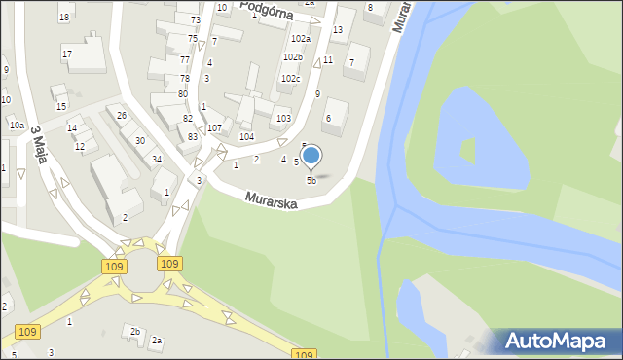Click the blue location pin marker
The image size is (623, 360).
(x=311, y=156)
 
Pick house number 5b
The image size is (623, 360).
(x=311, y=181)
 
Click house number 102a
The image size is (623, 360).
(x=301, y=39)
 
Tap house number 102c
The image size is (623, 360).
(x=291, y=78)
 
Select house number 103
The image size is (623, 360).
(x=283, y=118)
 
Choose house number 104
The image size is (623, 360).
(x=247, y=136)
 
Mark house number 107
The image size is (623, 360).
(x=214, y=127)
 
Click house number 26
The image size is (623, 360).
(x=122, y=116)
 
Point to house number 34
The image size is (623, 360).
(x=156, y=159)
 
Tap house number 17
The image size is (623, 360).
(x=67, y=54)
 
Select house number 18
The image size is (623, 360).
(x=64, y=18)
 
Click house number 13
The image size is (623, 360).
(x=337, y=30)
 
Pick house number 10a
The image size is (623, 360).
(x=17, y=126)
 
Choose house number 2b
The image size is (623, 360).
(x=135, y=332)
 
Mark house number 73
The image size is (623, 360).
(x=195, y=20)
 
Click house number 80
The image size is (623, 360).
(x=183, y=93)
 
